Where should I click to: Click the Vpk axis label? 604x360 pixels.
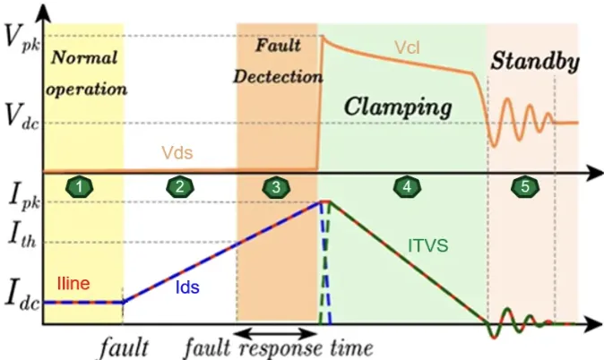tap(19, 39)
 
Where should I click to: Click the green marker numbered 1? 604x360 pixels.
tap(82, 186)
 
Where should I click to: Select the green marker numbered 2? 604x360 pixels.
tap(181, 186)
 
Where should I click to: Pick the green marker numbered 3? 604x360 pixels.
tap(276, 186)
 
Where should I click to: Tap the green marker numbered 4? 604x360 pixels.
tap(407, 186)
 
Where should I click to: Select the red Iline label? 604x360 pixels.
tap(73, 283)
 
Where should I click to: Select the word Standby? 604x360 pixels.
tap(534, 61)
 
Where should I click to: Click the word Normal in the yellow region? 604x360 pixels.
tap(85, 60)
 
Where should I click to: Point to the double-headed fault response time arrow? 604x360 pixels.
tap(270, 332)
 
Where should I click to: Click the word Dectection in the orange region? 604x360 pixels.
tap(277, 76)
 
